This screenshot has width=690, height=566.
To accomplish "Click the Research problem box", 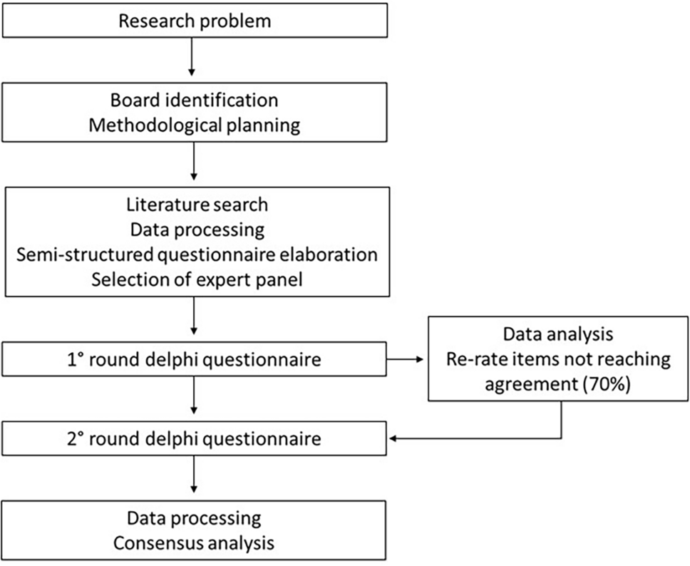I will [x=195, y=20].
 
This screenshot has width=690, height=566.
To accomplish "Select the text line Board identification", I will [x=195, y=99].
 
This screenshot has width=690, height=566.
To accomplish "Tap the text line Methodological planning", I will [x=195, y=126].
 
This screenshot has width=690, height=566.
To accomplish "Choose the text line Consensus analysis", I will [x=195, y=543].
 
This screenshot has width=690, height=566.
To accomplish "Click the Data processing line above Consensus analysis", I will [x=195, y=517].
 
